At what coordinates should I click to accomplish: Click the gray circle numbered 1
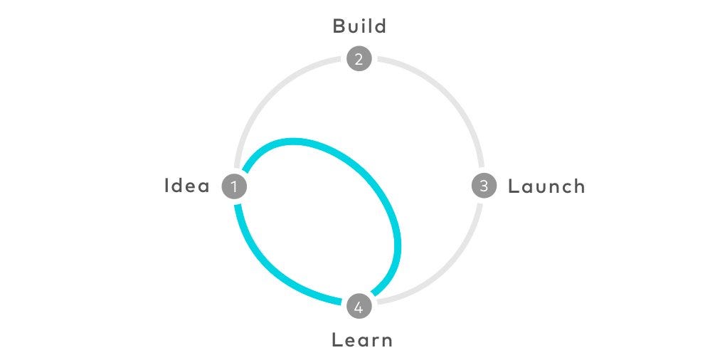(234, 186)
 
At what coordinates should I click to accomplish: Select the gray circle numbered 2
(359, 59)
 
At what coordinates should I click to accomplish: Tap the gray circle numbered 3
(484, 186)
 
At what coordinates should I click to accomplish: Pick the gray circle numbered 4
(359, 306)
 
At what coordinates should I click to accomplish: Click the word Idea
(187, 186)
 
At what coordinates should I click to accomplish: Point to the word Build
(359, 26)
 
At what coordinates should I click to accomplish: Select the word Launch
(546, 186)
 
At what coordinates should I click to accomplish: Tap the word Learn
(362, 340)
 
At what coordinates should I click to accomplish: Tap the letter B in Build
(339, 26)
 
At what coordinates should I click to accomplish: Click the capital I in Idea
(166, 186)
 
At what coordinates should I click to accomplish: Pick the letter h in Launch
(578, 186)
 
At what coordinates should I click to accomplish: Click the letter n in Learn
(386, 342)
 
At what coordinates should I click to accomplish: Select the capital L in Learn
(337, 340)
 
